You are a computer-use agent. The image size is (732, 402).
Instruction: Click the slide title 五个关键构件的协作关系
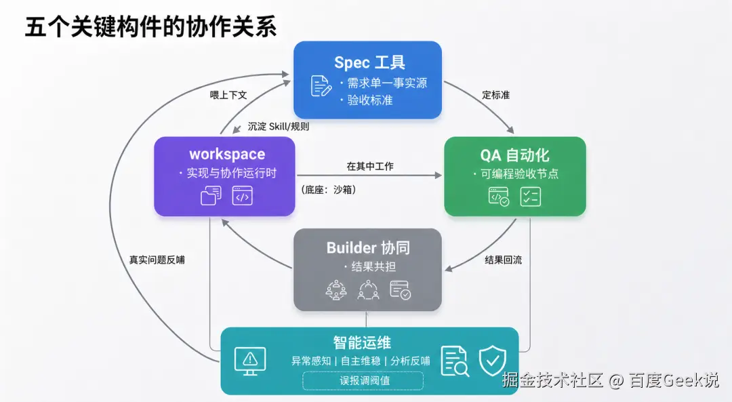pos(150,26)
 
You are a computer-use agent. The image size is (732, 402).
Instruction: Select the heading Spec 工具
pos(369,62)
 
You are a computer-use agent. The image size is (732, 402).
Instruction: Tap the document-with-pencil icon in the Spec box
pos(321,86)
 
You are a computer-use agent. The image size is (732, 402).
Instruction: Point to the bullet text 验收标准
pos(370,100)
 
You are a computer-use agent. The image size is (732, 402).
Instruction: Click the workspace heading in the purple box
pos(227,154)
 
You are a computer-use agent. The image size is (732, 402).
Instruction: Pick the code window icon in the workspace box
pos(242,196)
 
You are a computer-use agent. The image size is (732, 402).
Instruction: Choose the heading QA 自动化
pos(514,155)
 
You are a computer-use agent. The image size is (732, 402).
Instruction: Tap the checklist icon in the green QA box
pos(531,197)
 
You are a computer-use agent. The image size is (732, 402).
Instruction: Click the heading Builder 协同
pos(368,247)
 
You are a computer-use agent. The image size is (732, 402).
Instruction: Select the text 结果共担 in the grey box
pos(373,266)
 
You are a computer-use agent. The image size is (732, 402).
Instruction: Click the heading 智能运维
pos(362,343)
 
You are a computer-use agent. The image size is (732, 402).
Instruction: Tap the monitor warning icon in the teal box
pos(250,361)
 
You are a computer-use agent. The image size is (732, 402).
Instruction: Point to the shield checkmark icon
pos(493,361)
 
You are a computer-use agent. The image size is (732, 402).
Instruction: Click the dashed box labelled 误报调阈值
pos(363,380)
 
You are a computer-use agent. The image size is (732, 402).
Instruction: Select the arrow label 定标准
pos(495,96)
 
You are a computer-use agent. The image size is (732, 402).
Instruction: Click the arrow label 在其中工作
pos(370,166)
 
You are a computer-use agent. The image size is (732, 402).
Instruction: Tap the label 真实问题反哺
pos(157,260)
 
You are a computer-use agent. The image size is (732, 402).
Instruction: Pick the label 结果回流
pos(503,260)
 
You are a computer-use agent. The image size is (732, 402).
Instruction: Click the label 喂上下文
pos(228,96)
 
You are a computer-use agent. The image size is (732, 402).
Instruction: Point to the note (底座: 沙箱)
pos(329,190)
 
